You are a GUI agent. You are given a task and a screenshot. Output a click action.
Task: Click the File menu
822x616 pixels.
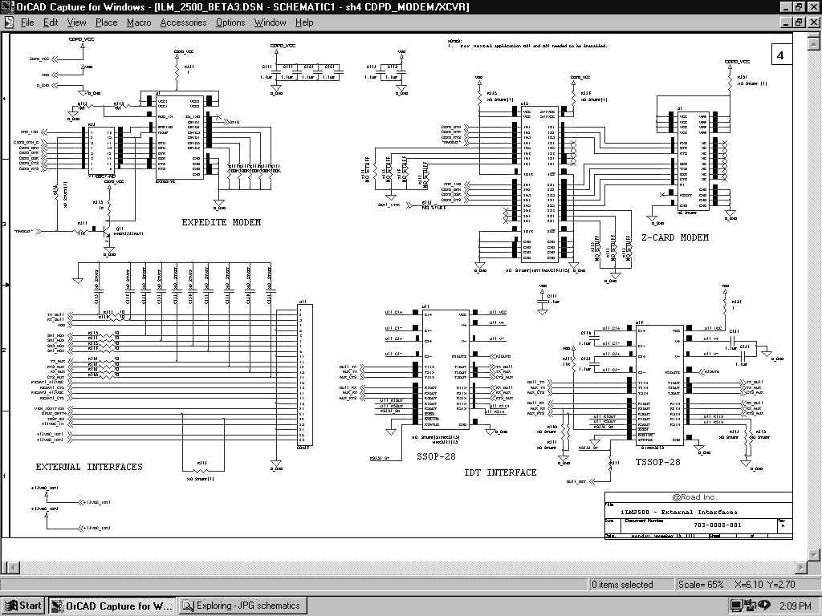tap(27, 22)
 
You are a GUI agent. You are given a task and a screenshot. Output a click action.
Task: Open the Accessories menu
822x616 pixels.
tap(183, 22)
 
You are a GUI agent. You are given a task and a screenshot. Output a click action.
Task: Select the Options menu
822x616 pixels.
tap(230, 22)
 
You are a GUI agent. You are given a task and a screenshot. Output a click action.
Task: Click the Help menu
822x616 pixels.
tap(305, 22)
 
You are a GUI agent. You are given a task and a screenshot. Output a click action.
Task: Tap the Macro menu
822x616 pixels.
tap(139, 22)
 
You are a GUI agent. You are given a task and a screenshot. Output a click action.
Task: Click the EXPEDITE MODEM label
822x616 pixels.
tap(221, 222)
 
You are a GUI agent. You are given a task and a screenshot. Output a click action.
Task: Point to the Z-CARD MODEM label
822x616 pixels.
tap(675, 237)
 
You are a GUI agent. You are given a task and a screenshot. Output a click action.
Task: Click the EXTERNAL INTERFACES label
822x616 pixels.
tap(89, 467)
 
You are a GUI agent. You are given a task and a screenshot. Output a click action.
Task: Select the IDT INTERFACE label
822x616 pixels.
tap(500, 473)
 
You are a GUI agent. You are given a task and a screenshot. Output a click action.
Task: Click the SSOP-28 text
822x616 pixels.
tap(436, 456)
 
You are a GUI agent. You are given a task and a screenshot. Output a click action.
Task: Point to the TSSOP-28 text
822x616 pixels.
tap(657, 463)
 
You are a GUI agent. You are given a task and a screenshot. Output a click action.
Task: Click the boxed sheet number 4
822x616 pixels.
tap(780, 55)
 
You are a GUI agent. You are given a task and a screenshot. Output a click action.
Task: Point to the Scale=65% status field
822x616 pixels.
tap(701, 585)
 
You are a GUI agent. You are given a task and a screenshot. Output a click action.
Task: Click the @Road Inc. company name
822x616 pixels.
tap(694, 497)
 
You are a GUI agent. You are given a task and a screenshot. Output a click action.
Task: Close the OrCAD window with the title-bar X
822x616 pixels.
tap(812, 6)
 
